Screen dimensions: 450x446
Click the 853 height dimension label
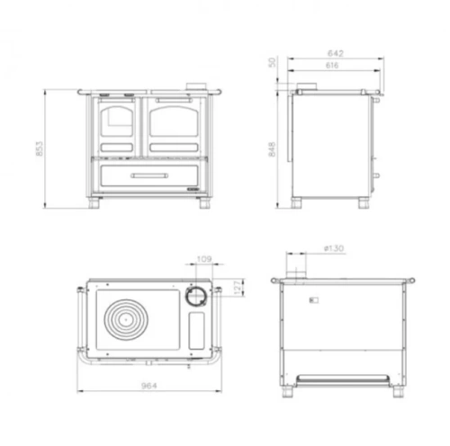tap(40, 148)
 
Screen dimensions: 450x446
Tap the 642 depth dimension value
tap(336, 53)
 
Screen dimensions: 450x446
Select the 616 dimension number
tap(332, 66)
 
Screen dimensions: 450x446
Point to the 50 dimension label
tap(272, 62)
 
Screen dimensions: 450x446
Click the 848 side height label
tap(272, 149)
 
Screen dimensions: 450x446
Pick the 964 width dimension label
tap(149, 386)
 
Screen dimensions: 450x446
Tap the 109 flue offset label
tap(204, 259)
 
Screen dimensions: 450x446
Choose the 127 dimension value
tap(238, 288)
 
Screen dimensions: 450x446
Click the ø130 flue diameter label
tap(334, 248)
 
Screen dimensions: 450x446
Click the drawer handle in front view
tap(149, 175)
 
